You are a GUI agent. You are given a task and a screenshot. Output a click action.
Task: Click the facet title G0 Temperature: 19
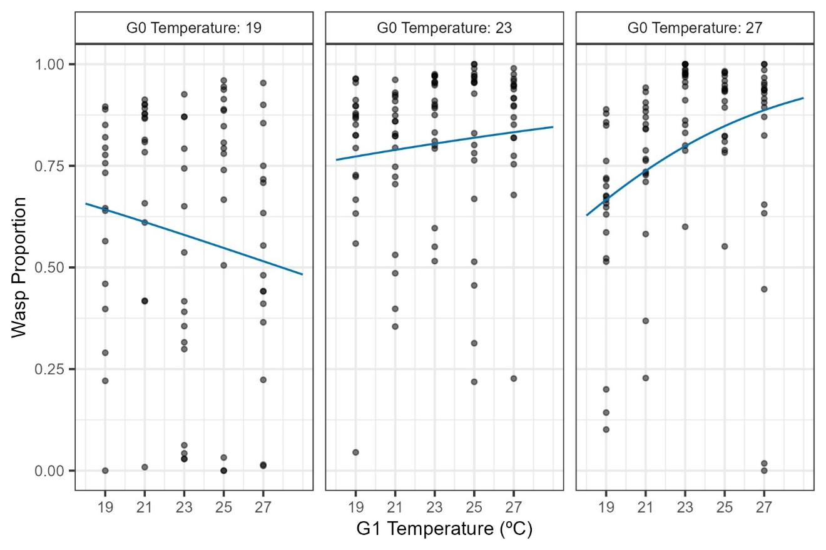194,28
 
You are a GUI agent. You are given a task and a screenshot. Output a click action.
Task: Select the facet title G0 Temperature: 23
444,28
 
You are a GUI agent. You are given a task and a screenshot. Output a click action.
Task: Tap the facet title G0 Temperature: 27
695,28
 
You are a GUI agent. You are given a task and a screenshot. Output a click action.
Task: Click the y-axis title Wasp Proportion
20,267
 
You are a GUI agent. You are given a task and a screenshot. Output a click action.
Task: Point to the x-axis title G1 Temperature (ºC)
444,529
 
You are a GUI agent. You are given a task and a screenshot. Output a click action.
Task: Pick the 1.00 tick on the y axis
54,64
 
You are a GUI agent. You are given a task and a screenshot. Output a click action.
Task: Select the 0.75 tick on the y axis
54,166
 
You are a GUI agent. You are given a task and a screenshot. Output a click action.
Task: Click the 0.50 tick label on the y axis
54,267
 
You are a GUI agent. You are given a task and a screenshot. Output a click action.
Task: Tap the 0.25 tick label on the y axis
54,369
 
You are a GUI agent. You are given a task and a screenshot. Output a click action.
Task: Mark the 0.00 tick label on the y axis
54,471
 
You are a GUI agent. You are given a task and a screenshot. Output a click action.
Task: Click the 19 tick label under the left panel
105,505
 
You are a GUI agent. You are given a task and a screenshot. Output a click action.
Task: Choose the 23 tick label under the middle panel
434,505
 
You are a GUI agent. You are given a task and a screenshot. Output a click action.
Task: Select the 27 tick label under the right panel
763,505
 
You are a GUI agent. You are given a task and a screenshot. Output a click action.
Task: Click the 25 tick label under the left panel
223,505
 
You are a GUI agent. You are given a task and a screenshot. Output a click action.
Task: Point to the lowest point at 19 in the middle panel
355,452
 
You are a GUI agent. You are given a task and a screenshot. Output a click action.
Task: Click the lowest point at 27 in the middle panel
514,378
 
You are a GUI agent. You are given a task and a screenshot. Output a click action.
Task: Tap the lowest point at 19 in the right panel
606,429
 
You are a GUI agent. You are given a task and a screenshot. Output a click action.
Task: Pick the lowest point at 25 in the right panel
725,246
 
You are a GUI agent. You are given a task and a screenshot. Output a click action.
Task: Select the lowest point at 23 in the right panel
685,226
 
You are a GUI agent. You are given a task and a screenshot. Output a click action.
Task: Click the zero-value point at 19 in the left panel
105,471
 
